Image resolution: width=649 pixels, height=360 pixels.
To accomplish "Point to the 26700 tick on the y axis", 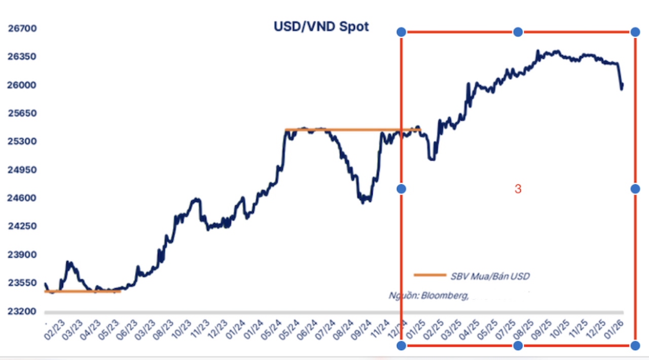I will coord(22,28).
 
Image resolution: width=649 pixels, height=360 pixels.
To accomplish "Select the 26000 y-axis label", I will coord(22,85).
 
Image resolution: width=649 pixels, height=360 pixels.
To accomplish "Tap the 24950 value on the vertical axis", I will coord(22,170).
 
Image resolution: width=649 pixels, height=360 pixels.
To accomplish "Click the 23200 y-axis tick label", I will coord(22,311).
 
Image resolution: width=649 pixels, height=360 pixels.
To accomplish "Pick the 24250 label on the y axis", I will coord(22,226).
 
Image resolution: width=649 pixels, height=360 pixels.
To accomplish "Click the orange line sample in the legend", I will coord(429,275).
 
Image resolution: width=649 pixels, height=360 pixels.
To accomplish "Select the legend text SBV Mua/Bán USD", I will coord(490,276).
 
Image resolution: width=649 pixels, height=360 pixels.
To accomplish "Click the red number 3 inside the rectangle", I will coord(518,189).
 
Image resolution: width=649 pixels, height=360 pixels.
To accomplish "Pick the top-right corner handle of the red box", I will coord(635,32).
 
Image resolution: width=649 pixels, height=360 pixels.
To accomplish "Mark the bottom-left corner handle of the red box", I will coord(401,346).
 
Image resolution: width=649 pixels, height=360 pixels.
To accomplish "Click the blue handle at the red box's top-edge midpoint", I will coord(518,32).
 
